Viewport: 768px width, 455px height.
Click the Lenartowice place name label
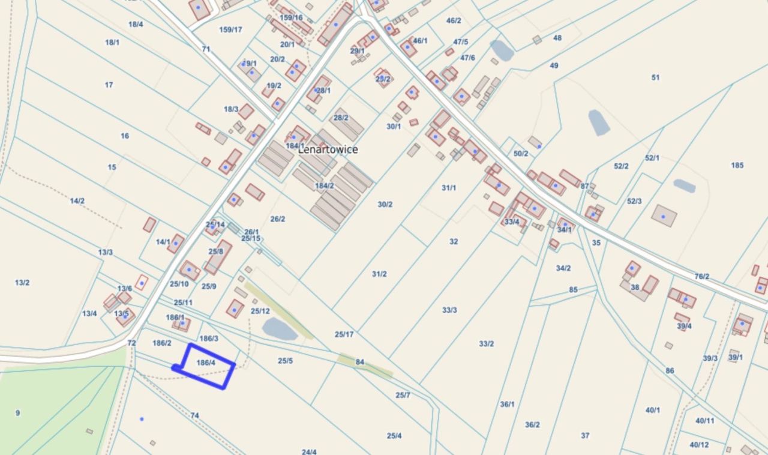[328, 149]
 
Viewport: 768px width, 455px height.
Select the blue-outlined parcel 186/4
[206, 365]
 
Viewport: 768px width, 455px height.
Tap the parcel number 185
[737, 165]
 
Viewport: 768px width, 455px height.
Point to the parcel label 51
[655, 77]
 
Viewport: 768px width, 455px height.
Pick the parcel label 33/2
[487, 344]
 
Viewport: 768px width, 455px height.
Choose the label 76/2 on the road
[701, 277]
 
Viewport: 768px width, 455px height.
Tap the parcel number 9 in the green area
[18, 412]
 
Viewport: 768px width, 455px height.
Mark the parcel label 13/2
[22, 283]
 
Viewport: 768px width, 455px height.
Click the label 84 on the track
[360, 361]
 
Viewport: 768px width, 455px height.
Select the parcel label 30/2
[385, 205]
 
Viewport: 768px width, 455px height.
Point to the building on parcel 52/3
[664, 216]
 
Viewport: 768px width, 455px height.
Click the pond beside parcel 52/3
[684, 185]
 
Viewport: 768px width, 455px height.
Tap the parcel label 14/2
[77, 201]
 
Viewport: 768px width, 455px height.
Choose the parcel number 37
[585, 436]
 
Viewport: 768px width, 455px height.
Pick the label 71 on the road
[206, 49]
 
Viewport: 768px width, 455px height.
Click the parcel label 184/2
[324, 186]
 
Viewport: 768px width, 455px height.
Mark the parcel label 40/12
[699, 445]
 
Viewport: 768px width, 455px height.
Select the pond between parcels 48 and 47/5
[502, 50]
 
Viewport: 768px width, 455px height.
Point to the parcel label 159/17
[230, 29]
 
